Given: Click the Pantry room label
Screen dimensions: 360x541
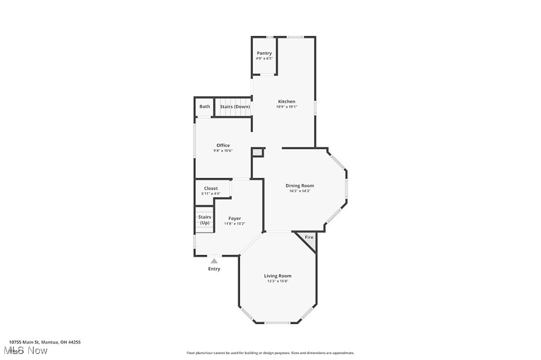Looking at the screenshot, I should (x=264, y=53).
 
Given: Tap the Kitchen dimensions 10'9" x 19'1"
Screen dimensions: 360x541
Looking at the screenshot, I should (x=286, y=107).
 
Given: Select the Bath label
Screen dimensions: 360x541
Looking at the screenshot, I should (x=204, y=107).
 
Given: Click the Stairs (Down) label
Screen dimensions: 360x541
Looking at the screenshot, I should (x=235, y=107).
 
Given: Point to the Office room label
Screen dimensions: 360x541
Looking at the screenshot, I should (x=223, y=145).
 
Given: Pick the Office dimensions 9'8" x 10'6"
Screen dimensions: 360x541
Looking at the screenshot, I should (x=223, y=151).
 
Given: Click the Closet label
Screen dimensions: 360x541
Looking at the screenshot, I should (x=211, y=188).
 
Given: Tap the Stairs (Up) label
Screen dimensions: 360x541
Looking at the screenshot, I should (x=204, y=220).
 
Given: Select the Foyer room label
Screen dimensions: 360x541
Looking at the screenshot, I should (x=235, y=219).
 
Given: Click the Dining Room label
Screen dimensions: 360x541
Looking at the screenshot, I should (x=299, y=186).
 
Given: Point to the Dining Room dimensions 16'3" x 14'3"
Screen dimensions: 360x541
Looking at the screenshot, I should (x=299, y=191).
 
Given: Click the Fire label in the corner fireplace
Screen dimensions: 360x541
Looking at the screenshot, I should (x=309, y=237).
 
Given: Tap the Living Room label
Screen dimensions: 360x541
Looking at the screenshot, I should (x=277, y=276).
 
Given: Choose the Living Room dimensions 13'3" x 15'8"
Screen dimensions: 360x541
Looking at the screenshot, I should (x=277, y=281).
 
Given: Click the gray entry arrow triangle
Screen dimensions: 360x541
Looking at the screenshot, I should (x=214, y=260).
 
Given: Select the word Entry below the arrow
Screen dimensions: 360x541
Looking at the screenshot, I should (x=214, y=269).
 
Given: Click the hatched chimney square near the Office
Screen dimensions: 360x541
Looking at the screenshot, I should (x=257, y=152).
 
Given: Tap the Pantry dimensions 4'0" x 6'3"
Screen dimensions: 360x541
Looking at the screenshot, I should (x=264, y=59).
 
